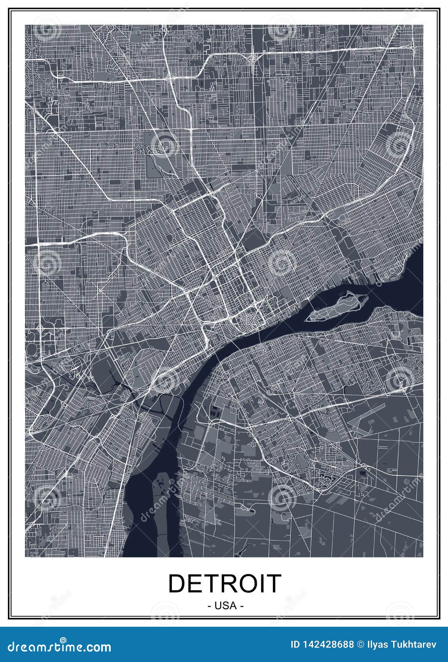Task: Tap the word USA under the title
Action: pyautogui.click(x=225, y=606)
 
